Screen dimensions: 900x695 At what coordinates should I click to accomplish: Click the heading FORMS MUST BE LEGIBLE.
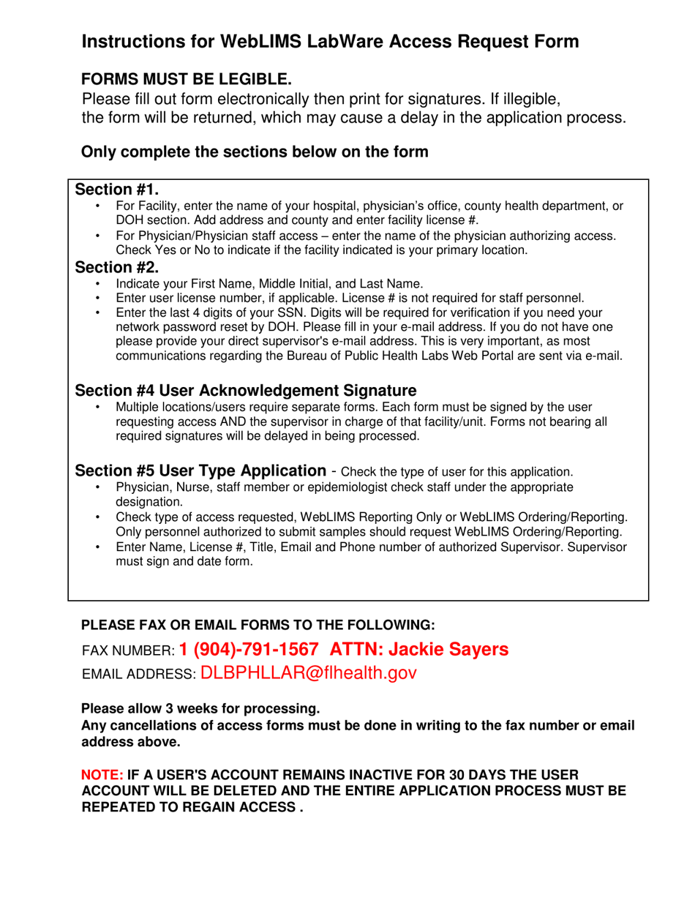tap(187, 79)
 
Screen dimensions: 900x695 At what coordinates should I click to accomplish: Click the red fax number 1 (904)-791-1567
tap(249, 648)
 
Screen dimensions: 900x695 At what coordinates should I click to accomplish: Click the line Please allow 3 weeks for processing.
tap(200, 709)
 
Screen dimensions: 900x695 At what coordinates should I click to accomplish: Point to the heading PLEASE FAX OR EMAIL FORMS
tap(258, 625)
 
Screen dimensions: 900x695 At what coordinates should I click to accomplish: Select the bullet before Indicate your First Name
tap(99, 284)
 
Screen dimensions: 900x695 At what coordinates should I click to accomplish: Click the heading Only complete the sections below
tap(254, 152)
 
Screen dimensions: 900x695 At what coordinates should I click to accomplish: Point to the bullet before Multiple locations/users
tap(99, 407)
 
